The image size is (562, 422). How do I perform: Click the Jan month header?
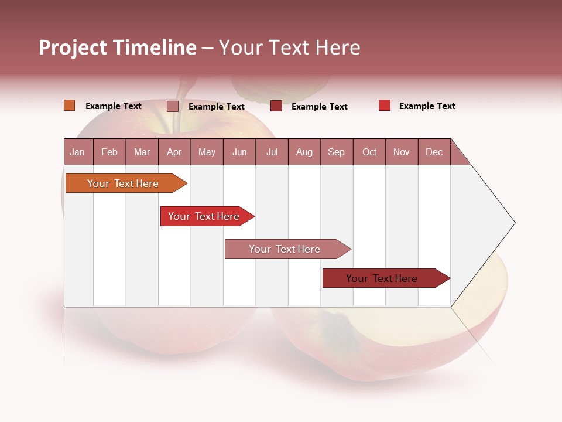(x=77, y=152)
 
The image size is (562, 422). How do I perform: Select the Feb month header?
(x=109, y=152)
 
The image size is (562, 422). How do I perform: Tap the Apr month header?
(x=174, y=152)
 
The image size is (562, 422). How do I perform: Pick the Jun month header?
(x=239, y=152)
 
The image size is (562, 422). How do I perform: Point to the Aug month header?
(x=304, y=152)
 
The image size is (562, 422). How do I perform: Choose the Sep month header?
(x=336, y=152)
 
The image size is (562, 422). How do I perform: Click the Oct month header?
(x=369, y=152)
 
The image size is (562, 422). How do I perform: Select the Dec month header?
(x=434, y=152)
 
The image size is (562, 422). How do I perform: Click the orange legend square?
(x=70, y=105)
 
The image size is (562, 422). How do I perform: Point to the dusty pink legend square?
(x=173, y=106)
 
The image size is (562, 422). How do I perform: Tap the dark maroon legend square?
(x=276, y=106)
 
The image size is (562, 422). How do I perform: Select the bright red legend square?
(x=385, y=105)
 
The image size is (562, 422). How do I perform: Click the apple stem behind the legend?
(x=179, y=103)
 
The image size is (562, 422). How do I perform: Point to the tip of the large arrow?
(x=513, y=223)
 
